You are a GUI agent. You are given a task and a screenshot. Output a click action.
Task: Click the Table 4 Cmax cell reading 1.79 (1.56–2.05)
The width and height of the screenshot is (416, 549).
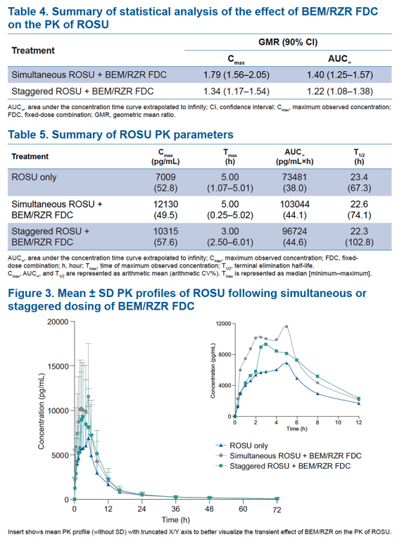tap(237, 75)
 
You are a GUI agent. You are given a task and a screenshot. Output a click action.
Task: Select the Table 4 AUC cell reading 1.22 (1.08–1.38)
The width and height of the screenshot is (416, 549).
tap(340, 91)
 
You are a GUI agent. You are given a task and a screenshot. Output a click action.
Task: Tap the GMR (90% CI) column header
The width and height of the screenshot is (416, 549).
tap(288, 42)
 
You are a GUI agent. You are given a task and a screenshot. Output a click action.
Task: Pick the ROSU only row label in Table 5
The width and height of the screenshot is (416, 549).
tap(34, 177)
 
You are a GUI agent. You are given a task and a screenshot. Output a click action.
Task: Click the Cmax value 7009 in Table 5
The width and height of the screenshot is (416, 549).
tap(165, 177)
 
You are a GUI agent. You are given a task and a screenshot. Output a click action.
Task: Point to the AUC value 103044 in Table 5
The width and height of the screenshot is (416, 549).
tap(295, 204)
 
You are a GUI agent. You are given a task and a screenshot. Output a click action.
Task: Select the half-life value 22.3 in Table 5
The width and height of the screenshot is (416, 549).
tap(359, 231)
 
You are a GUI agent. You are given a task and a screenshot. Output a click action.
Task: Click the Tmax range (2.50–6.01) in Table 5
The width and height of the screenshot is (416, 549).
tap(230, 242)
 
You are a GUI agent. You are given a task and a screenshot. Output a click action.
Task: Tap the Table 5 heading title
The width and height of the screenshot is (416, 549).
tap(120, 135)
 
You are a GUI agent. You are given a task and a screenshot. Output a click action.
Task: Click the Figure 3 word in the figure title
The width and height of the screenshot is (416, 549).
tap(30, 293)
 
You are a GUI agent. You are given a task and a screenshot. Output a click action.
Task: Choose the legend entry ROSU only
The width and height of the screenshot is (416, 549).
tap(248, 446)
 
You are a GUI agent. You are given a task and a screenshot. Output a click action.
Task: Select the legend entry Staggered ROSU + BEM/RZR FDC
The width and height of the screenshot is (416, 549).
tap(290, 466)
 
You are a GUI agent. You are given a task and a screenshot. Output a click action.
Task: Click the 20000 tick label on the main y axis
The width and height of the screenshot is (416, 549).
tap(58, 322)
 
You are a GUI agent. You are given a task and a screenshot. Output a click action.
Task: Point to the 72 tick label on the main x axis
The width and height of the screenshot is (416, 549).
tap(277, 510)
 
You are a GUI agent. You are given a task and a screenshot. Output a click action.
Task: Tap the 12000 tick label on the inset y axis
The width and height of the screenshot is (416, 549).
tap(224, 324)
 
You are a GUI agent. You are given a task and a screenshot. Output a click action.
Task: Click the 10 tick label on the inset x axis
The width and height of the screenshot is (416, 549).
tap(338, 422)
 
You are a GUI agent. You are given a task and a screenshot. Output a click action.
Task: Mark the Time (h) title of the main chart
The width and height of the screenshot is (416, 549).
tap(175, 519)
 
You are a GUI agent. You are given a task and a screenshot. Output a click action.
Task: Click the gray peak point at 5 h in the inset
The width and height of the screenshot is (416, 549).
tap(286, 327)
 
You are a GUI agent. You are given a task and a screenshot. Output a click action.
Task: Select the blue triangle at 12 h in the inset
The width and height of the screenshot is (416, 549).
tap(358, 403)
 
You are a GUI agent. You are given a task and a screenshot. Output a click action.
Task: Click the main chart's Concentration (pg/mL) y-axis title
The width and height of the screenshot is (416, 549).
tap(42, 411)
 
